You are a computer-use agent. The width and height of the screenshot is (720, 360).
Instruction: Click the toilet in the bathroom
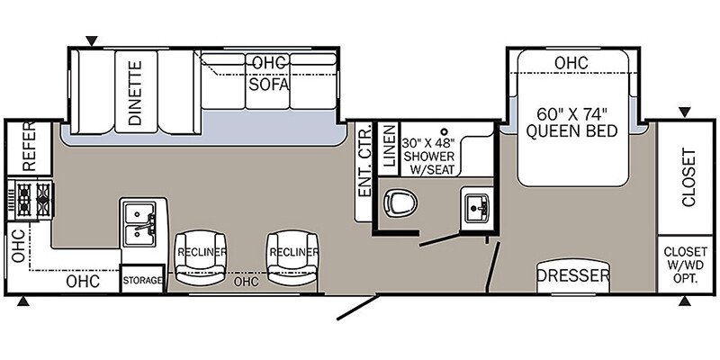400,202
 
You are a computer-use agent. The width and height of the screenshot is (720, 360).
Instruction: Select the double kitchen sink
139,224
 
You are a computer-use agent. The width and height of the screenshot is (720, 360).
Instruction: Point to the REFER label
29,147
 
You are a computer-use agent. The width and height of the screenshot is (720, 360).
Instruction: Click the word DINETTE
136,94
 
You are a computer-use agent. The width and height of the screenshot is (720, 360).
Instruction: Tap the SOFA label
269,85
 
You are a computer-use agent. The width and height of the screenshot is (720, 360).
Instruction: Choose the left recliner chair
201,257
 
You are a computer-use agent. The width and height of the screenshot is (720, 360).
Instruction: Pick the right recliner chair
292,257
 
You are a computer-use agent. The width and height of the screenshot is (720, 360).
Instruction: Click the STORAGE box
142,279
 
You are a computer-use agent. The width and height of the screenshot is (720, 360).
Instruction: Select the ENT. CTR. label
364,160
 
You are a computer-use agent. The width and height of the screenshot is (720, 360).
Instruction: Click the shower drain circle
444,130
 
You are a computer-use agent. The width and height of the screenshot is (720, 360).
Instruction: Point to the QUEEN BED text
571,131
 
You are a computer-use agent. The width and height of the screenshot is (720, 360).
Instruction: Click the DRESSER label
573,276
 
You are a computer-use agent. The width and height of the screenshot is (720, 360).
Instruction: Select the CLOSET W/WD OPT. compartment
685,264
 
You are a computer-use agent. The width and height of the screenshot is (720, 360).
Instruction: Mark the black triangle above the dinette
92,41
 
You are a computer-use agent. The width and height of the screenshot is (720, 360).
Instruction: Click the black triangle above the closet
685,112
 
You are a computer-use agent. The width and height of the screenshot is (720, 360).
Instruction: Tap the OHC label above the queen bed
571,63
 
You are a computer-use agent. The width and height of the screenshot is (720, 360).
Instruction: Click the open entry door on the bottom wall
358,307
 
